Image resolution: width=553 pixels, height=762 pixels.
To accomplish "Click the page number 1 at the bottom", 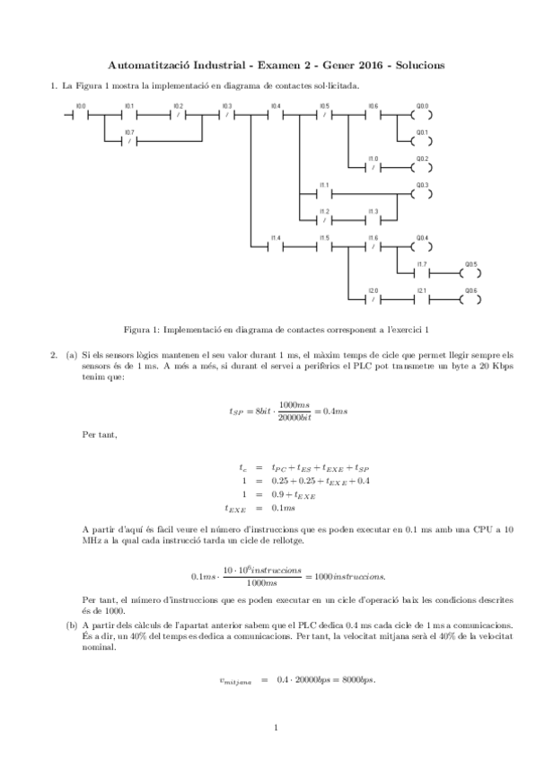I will point(276,727).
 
